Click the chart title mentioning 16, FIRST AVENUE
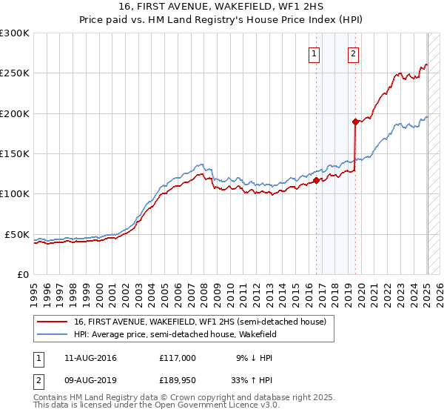(x=222, y=7)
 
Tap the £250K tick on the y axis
(x=14, y=73)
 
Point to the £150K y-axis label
(x=14, y=153)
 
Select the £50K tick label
(x=17, y=234)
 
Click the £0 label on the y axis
(x=22, y=274)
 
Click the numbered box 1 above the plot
(x=314, y=53)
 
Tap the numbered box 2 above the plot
(x=354, y=53)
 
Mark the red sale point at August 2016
(x=316, y=180)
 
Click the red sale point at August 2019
(x=355, y=122)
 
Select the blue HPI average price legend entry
(x=175, y=335)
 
